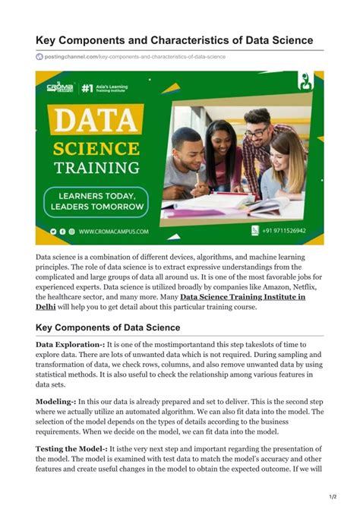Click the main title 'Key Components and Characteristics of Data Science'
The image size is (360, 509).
coord(174,40)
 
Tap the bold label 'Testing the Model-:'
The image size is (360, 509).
coord(71,449)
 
